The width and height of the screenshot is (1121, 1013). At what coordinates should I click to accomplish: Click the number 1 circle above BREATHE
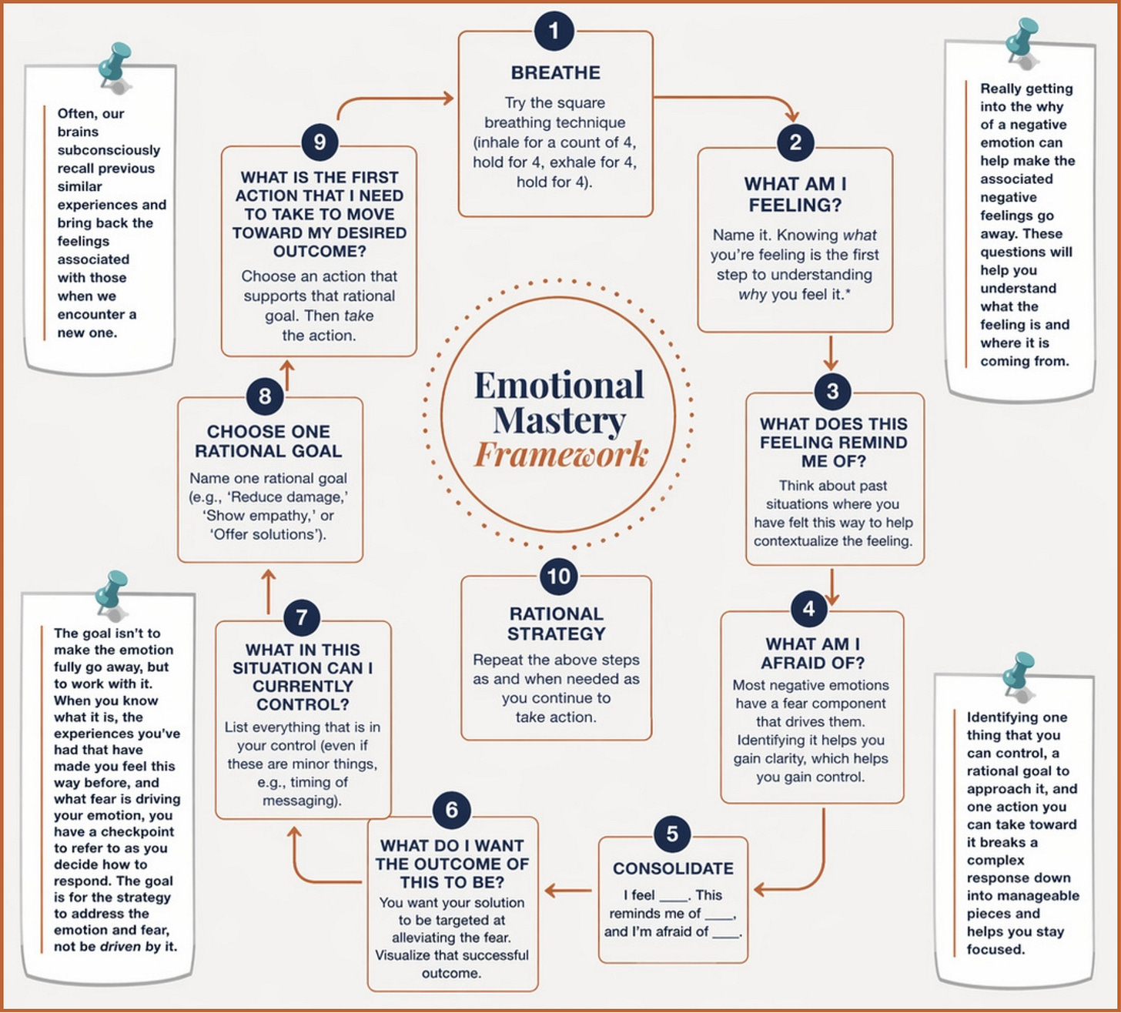554,32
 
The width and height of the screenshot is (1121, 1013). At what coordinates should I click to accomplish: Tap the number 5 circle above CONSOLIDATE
672,834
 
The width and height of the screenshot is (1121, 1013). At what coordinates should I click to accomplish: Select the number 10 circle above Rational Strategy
558,577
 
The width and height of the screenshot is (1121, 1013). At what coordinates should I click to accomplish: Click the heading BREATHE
555,73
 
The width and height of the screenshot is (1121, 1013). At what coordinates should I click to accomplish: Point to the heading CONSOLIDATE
673,868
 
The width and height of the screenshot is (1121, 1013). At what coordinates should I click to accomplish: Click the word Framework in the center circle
560,454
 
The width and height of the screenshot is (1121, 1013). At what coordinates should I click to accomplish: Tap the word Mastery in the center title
559,420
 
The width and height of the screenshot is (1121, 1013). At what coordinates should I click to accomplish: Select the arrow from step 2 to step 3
830,354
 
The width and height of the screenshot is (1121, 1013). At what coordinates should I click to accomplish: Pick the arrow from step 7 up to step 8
268,590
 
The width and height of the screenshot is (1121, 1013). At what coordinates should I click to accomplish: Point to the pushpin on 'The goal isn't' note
112,592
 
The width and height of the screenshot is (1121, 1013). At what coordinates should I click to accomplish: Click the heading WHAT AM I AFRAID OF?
812,654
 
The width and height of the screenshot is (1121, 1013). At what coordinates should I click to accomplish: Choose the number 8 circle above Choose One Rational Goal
265,396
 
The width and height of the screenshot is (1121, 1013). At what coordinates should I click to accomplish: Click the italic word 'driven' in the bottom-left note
121,946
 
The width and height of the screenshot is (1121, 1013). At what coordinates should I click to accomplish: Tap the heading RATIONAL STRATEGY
556,624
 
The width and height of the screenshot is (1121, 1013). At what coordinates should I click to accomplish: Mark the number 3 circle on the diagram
832,391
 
